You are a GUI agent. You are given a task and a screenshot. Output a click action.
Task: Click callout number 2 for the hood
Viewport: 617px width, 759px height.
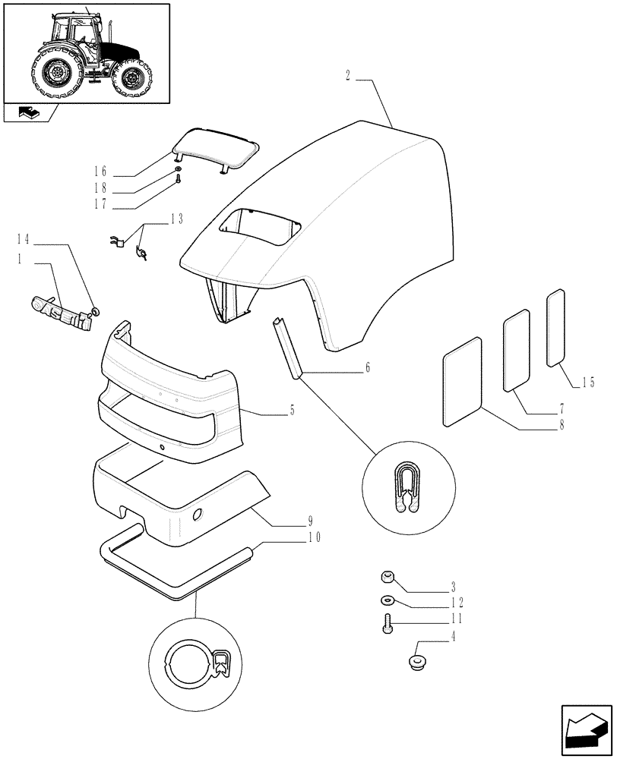click(347, 76)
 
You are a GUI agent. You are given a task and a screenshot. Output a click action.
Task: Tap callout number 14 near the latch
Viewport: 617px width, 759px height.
click(23, 239)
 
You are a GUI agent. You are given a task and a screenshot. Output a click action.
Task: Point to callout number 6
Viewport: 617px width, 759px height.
click(368, 368)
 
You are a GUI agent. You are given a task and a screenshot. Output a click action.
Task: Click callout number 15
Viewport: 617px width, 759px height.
click(589, 383)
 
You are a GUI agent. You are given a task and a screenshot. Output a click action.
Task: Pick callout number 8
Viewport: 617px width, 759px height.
click(562, 426)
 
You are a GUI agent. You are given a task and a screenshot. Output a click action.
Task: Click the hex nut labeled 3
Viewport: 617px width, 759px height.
click(387, 578)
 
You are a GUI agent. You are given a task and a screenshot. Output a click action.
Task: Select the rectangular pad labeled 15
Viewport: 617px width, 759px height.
click(556, 328)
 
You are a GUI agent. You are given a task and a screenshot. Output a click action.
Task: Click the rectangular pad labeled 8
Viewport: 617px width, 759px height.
click(462, 382)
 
